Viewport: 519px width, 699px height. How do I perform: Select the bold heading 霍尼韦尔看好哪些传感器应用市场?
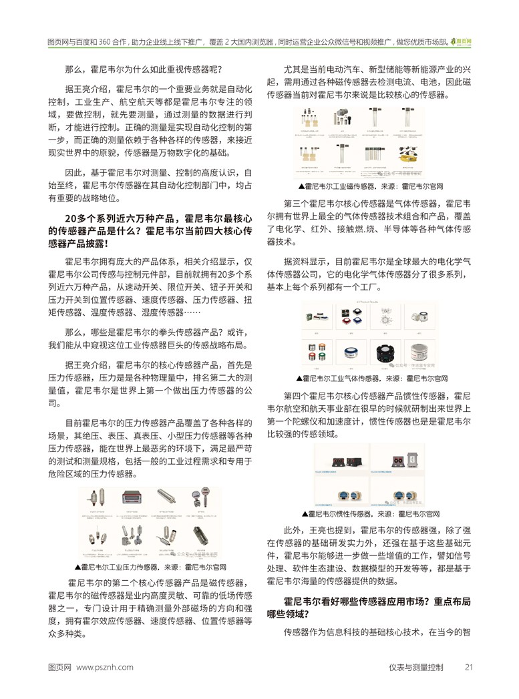pyautogui.click(x=377, y=602)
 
